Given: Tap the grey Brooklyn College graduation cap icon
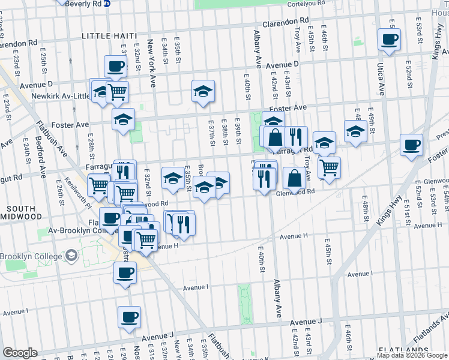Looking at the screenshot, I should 71,256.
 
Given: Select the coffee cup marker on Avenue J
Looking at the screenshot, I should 129,316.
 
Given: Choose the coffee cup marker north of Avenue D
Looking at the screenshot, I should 115,65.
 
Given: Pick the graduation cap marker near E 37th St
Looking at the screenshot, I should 203,91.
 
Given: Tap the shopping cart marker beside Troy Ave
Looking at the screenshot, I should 329,167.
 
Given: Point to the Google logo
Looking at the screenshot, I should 20,353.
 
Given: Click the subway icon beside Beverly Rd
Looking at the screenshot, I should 107,4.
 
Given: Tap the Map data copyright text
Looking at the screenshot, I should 411,355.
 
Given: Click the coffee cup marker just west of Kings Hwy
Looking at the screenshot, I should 411,145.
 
